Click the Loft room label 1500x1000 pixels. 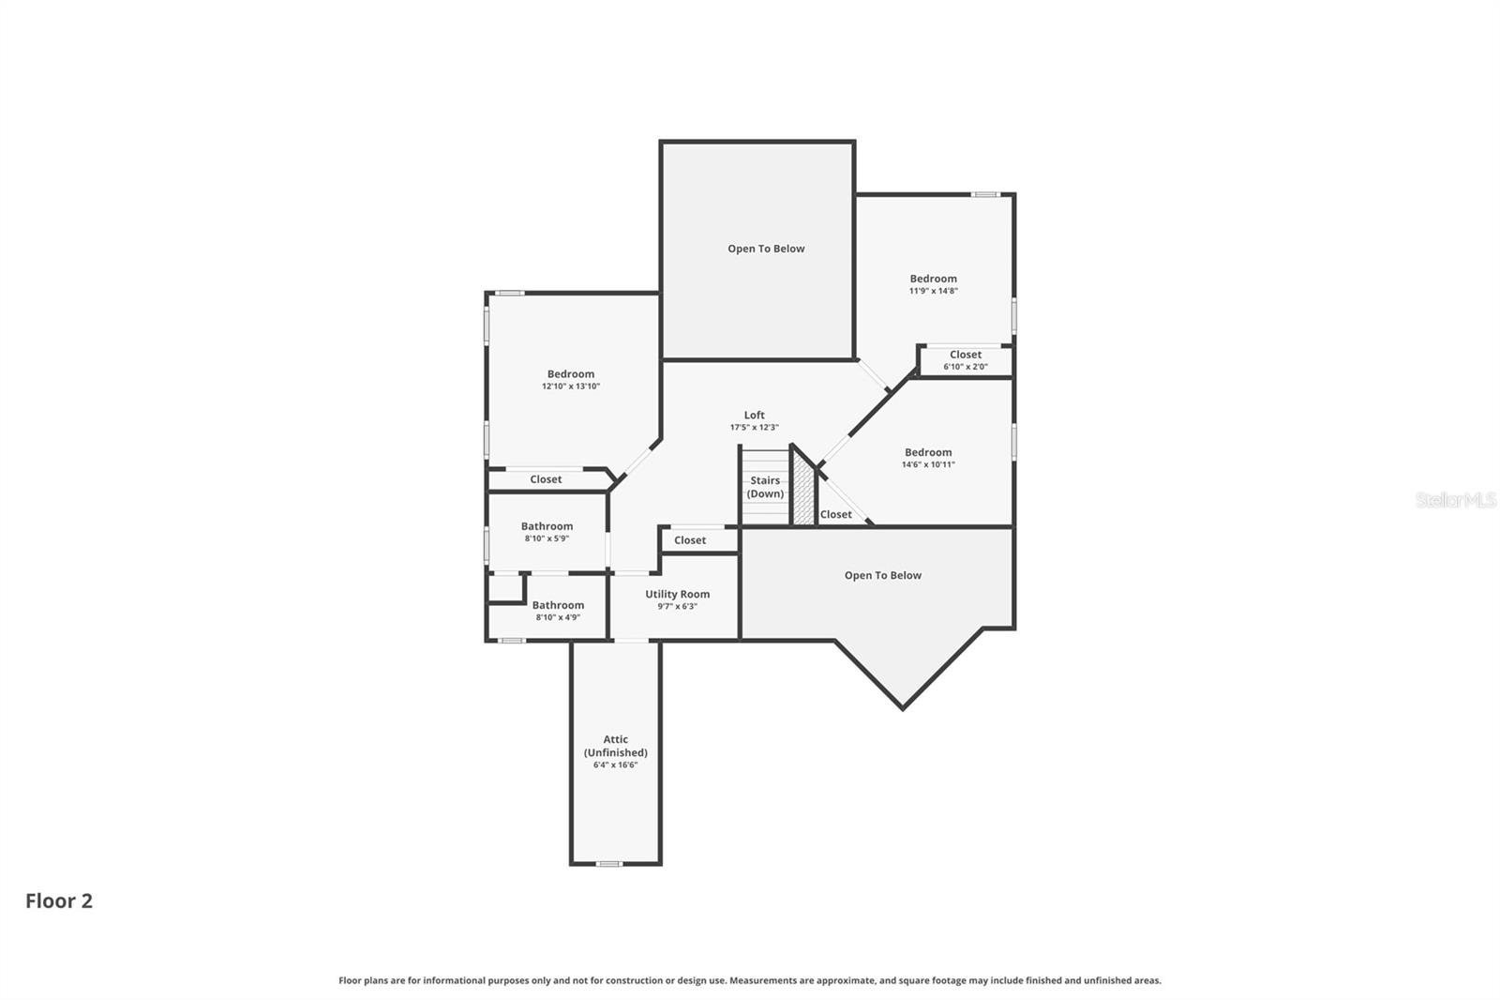[x=754, y=415]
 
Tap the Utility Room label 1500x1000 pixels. [x=677, y=594]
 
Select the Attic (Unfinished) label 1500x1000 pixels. [x=615, y=745]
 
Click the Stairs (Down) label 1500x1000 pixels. [x=765, y=487]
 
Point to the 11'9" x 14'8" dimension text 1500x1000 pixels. [x=934, y=291]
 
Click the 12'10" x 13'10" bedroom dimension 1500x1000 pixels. [x=571, y=386]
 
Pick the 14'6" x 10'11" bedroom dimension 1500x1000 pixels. [x=928, y=464]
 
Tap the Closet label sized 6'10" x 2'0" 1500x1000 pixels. [x=966, y=355]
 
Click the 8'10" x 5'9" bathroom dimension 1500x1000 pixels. [x=547, y=538]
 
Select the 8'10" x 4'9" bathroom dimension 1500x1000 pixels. [x=558, y=617]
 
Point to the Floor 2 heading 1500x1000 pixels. [x=59, y=901]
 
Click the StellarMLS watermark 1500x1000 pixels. [x=1456, y=500]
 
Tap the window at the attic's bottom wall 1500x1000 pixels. [x=608, y=864]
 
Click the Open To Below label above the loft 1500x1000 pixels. [x=766, y=249]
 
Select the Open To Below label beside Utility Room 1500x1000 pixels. [x=882, y=575]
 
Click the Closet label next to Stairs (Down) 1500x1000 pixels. [x=835, y=514]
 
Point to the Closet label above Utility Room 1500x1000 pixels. [x=690, y=540]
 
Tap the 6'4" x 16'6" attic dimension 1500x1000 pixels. [x=615, y=765]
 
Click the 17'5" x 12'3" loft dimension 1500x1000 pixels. [x=754, y=428]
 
